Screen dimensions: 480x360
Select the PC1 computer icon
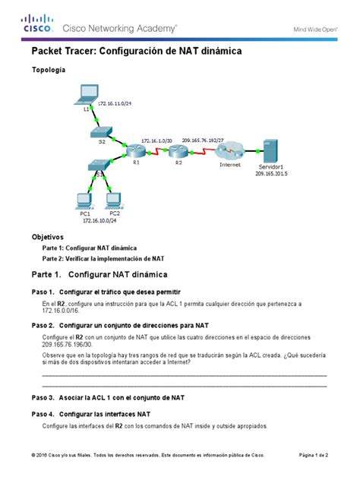(85, 201)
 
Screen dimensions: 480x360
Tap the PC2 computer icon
(114, 201)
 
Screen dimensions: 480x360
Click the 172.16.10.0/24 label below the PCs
(99, 221)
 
